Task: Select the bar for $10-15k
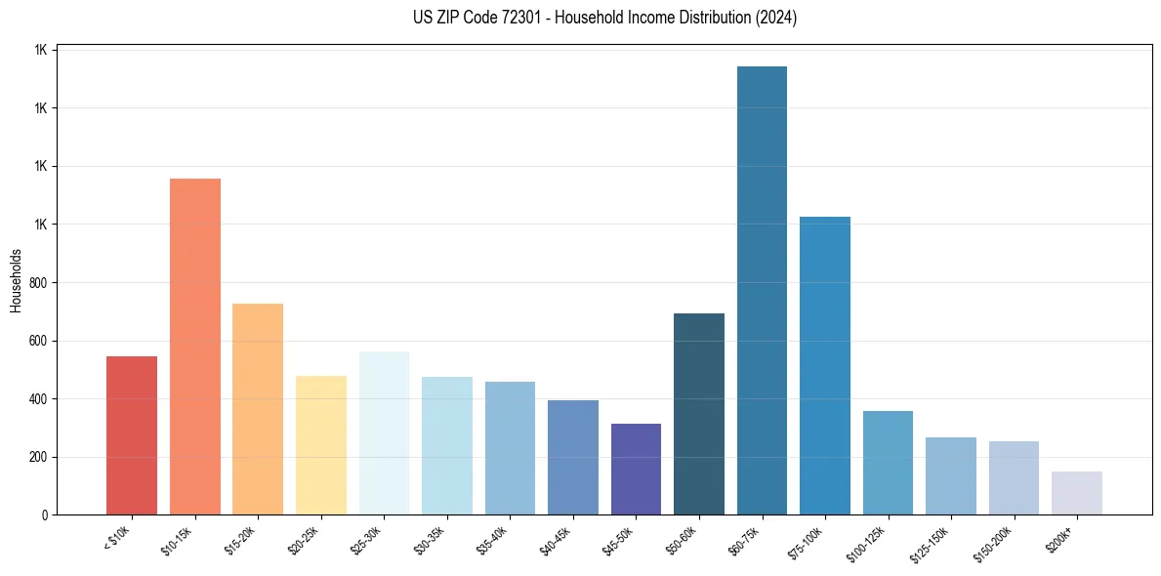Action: [x=195, y=347]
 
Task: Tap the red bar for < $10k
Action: [x=132, y=435]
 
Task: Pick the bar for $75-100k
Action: [x=825, y=366]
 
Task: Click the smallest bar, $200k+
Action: [x=1077, y=493]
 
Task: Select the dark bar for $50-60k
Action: [x=699, y=414]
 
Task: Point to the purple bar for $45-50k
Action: [x=636, y=469]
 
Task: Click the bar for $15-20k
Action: [x=258, y=409]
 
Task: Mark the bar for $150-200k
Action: [x=1014, y=478]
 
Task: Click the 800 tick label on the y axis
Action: [x=39, y=283]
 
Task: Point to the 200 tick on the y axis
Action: [x=39, y=457]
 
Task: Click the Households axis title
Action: [x=17, y=281]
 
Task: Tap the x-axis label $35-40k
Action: [x=493, y=541]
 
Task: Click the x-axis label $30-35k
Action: [x=430, y=541]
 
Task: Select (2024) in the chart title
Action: [x=773, y=18]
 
